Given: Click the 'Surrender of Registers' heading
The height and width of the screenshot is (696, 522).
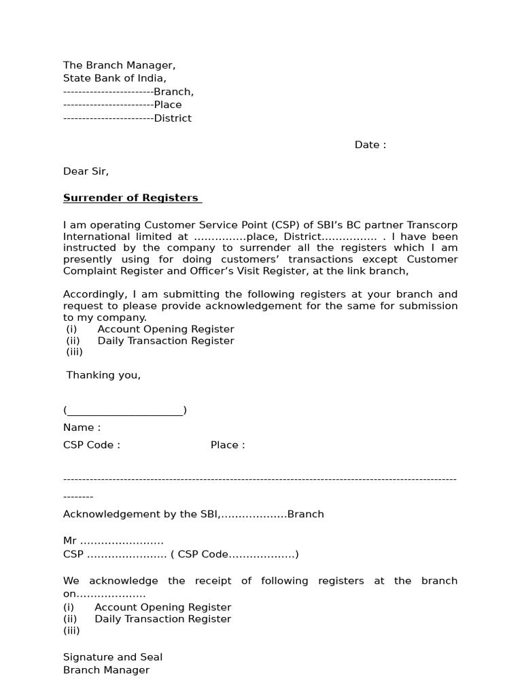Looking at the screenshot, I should (x=132, y=198).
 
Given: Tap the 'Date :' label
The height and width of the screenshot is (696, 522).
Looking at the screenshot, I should (x=370, y=145).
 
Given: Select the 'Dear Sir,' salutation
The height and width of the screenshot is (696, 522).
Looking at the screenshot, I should (x=86, y=171).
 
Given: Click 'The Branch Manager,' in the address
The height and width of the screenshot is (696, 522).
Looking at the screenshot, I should (x=119, y=65).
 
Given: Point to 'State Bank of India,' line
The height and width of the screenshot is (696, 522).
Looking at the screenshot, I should (x=114, y=78).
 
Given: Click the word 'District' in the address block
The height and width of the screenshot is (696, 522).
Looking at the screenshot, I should (x=173, y=118).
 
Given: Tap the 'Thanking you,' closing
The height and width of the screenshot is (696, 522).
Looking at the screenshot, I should (x=103, y=375).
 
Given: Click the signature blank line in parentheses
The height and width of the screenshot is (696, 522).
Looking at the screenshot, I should (x=125, y=410).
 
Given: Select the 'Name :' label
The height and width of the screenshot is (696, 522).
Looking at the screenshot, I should (x=82, y=428).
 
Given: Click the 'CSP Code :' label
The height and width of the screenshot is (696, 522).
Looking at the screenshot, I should (x=92, y=445).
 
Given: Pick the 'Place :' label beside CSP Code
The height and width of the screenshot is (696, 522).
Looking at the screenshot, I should (x=228, y=445).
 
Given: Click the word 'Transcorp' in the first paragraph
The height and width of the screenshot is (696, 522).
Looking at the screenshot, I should (x=431, y=225).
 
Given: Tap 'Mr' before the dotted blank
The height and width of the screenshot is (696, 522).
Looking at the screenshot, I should (x=70, y=541).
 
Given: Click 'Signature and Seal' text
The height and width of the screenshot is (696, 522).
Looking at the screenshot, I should (x=113, y=657).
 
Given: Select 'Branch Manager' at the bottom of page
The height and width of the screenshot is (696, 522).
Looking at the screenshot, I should (x=106, y=670).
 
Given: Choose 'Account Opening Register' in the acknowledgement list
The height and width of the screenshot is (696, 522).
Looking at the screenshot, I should (x=162, y=607).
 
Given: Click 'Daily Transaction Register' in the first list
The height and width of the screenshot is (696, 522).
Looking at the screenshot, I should (x=166, y=341).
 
